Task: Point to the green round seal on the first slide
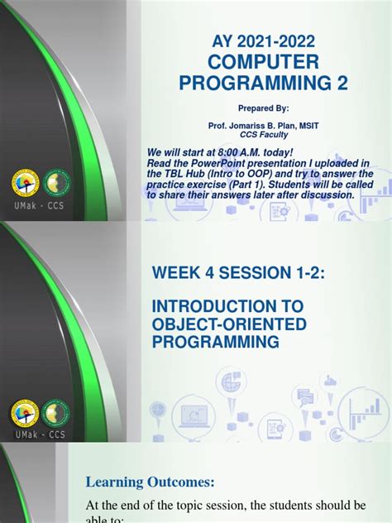(57, 184)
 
